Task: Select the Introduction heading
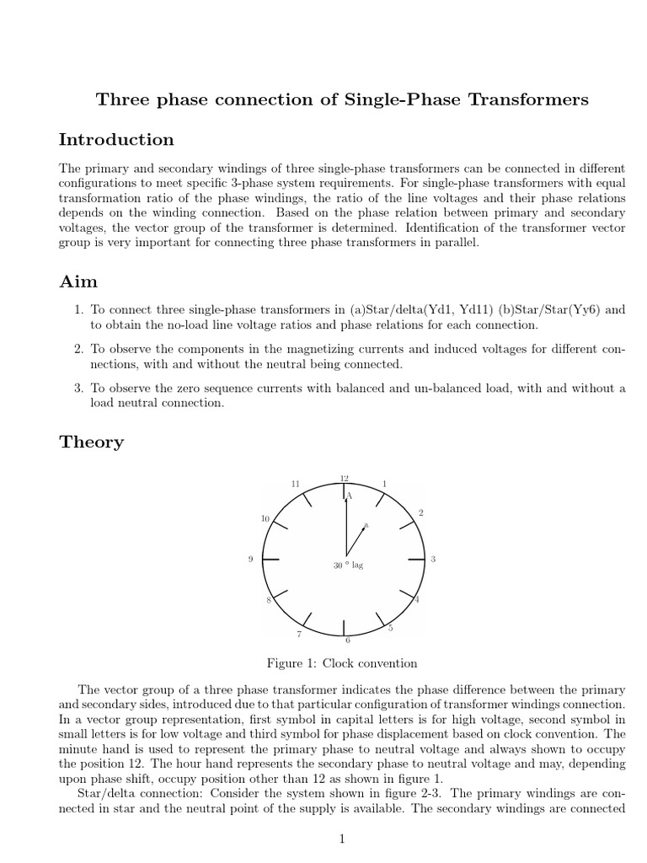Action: [116, 140]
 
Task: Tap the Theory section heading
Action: [91, 442]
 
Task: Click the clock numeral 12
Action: [344, 478]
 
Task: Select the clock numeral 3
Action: [432, 560]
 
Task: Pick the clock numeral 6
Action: [348, 640]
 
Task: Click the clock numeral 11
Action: [295, 484]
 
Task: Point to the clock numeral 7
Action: [297, 633]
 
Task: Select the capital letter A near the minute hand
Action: [350, 496]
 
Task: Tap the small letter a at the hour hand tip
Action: [366, 525]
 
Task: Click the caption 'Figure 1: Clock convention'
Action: [342, 663]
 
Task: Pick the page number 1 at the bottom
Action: [342, 839]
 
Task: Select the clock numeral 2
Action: [420, 513]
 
